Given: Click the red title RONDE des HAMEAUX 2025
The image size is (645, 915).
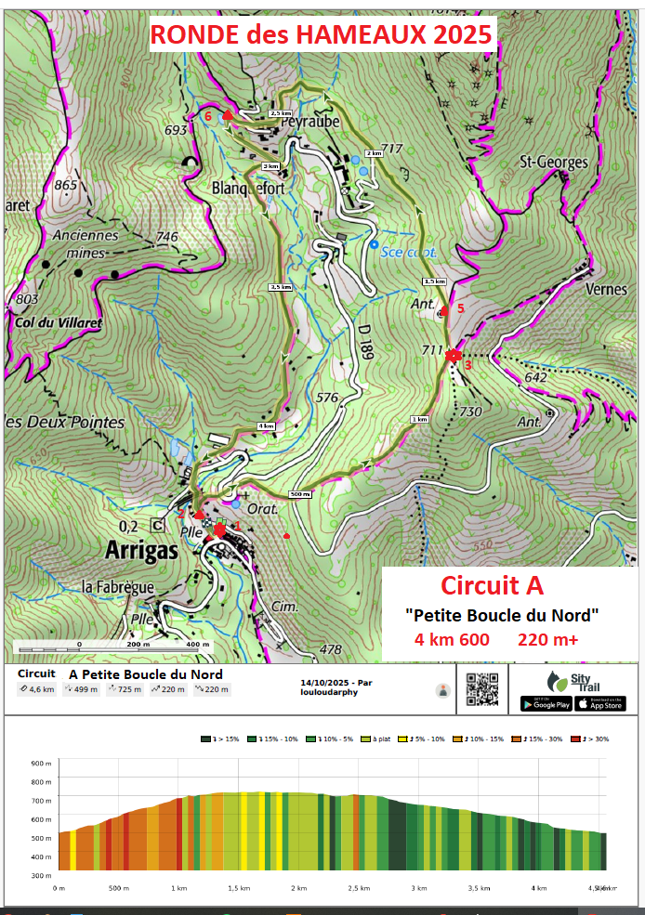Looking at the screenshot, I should click(x=321, y=35).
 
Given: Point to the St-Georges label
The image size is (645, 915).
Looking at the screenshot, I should click(x=553, y=163).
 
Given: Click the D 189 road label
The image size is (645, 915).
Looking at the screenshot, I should click(x=363, y=346).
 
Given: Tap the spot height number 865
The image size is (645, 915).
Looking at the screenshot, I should click(x=65, y=185).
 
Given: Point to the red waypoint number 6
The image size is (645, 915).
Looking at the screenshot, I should click(x=209, y=117).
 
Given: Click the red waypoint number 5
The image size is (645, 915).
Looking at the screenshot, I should click(x=459, y=307).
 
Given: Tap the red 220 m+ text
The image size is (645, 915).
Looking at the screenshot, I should click(x=547, y=640).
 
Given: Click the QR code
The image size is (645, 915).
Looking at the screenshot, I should click(x=482, y=689).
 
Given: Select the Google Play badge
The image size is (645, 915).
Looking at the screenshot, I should click(x=545, y=703).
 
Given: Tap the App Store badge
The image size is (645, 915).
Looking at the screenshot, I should click(x=600, y=703).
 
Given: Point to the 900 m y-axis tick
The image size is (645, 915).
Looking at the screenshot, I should click(x=41, y=763).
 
